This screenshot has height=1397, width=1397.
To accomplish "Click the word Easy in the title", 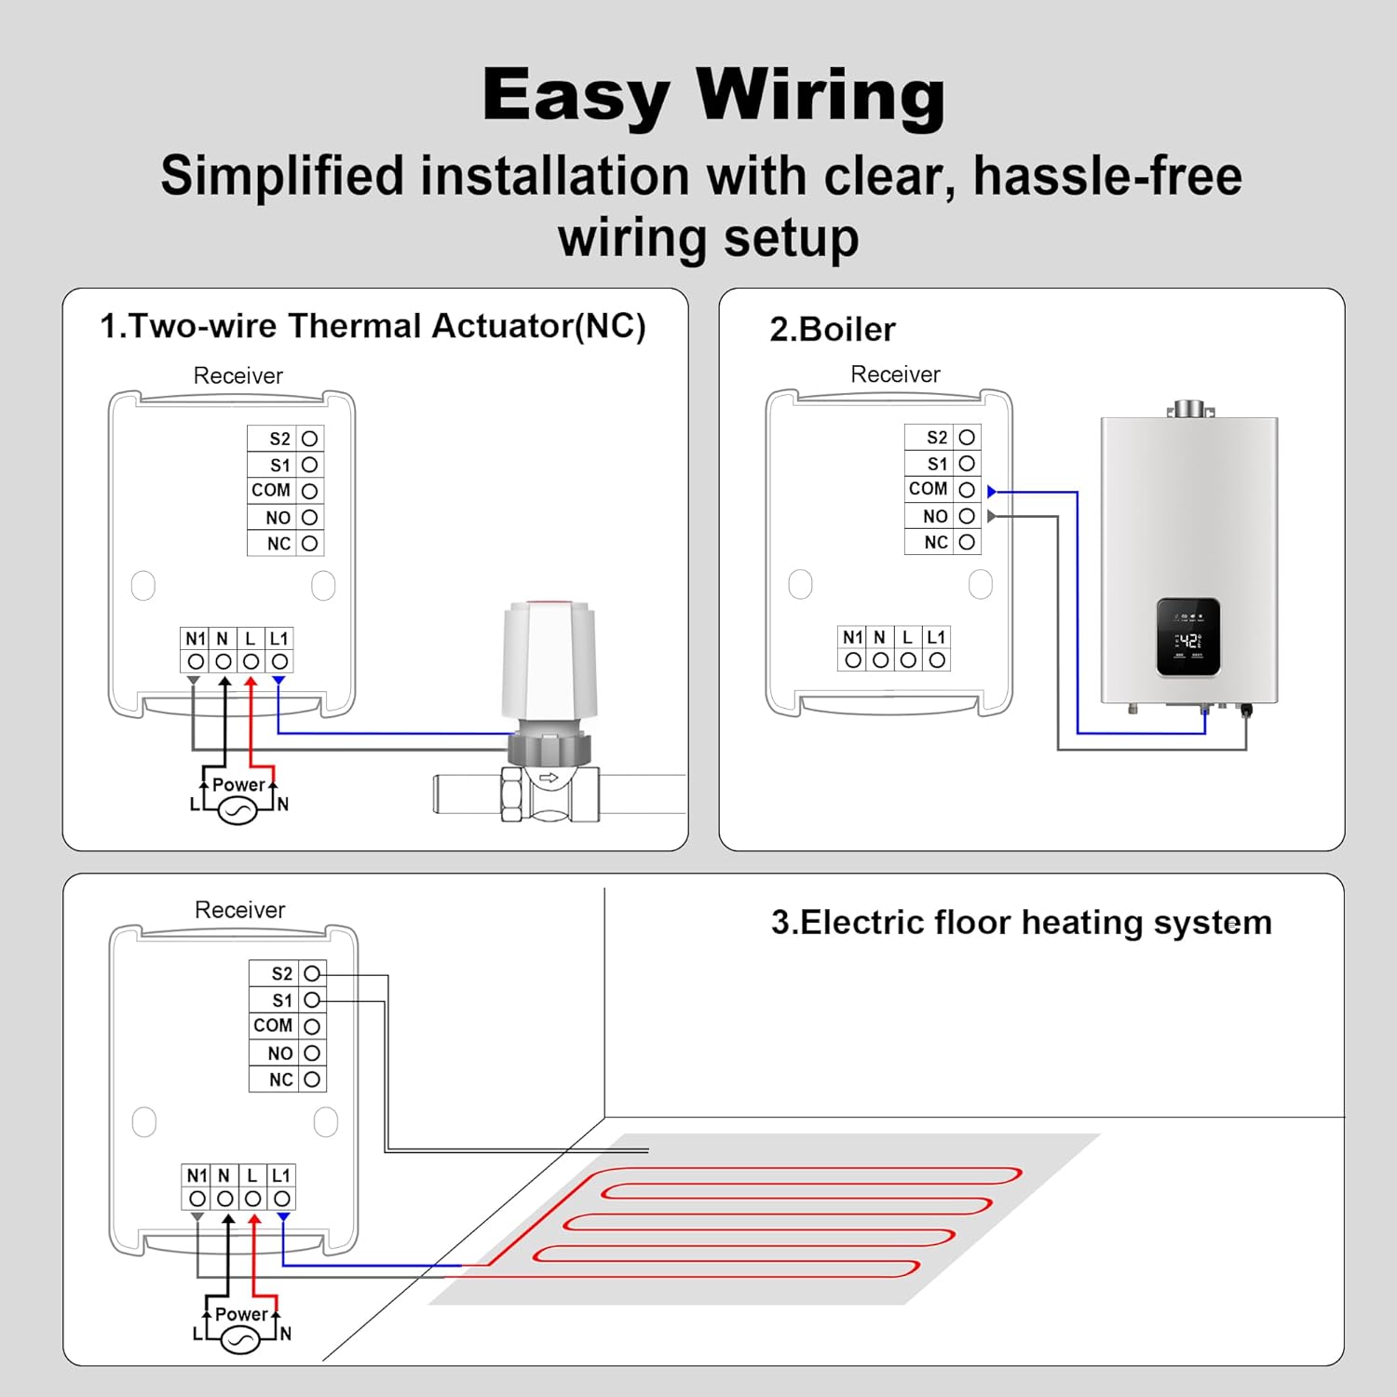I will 576,97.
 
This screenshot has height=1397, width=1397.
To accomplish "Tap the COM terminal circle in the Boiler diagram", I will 967,490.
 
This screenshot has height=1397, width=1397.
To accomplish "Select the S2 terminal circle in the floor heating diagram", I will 312,973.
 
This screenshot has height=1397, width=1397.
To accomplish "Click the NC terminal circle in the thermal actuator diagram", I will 310,543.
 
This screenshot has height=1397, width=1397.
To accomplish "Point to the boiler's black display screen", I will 1188,637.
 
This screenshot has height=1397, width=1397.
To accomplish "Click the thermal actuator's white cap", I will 549,658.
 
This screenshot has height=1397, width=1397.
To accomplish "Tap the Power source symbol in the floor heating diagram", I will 240,1339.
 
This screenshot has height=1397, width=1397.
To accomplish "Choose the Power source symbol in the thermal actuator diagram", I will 237,810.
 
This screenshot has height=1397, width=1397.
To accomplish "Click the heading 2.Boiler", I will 832,330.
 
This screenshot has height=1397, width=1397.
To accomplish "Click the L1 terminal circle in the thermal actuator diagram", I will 279,661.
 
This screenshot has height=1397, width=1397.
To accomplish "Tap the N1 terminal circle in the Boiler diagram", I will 853,660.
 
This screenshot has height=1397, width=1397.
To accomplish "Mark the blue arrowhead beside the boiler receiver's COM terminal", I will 992,491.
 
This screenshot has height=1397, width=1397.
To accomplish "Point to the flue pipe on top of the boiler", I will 1189,409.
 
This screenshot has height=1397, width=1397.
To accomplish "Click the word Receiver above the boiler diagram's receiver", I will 895,374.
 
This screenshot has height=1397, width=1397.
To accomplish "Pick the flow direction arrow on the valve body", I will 549,777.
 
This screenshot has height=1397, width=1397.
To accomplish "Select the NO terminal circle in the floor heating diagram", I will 312,1053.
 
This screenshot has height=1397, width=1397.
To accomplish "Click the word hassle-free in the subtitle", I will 1107,176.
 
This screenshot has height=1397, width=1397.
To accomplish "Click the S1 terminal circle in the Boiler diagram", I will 967,464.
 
